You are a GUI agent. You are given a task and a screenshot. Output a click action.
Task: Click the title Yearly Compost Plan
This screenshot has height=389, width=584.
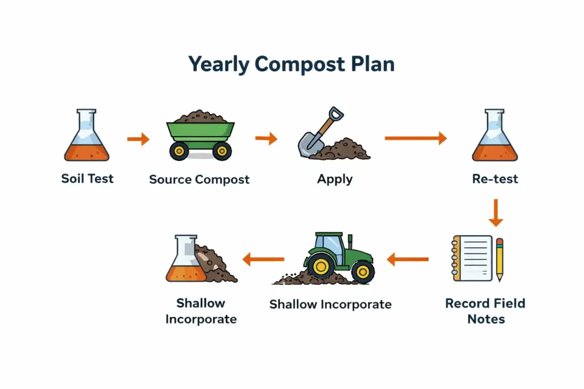[291, 64]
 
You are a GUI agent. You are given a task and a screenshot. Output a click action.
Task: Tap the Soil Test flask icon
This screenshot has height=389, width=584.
[87, 137]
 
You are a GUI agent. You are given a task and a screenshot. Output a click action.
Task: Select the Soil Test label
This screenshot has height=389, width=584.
[87, 178]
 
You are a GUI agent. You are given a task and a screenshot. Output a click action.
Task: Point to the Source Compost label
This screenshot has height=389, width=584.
[199, 179]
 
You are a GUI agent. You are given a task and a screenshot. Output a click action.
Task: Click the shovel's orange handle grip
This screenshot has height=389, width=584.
[337, 113]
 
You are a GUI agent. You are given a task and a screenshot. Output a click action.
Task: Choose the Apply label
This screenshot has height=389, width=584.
[335, 179]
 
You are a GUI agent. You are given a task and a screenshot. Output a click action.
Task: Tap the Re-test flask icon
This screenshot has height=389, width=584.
[494, 137]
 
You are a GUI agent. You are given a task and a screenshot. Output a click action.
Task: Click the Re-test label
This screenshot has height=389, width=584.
[495, 179]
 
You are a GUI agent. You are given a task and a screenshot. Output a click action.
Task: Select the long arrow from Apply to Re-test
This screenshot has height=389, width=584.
[415, 138]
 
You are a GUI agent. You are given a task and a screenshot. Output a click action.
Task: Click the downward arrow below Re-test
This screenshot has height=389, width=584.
[496, 213]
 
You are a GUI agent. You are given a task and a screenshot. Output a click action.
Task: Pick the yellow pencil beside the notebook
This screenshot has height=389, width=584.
[500, 260]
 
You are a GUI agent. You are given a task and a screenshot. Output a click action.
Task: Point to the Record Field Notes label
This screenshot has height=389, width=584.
[485, 311]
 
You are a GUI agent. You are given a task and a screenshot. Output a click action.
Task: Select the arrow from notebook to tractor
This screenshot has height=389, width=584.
[407, 260]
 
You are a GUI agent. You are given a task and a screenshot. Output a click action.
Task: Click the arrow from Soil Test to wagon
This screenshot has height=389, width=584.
[137, 138]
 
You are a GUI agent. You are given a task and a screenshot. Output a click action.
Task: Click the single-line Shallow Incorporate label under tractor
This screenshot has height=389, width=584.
[330, 304]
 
